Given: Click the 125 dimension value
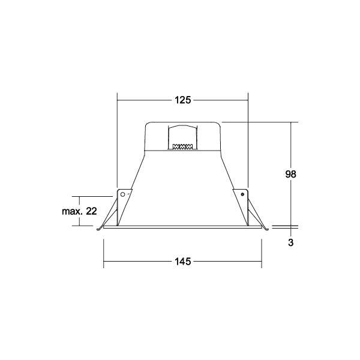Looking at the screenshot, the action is click(x=183, y=100).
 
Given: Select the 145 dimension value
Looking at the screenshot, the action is click(x=183, y=262).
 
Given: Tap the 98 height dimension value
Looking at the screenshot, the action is click(x=290, y=174).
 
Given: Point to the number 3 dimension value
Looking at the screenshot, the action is click(x=291, y=242).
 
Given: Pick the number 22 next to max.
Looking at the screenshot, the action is click(x=91, y=211).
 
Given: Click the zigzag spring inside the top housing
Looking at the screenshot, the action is click(x=182, y=146).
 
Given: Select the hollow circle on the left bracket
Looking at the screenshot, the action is click(x=122, y=194).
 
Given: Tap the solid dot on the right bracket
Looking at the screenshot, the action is click(x=242, y=194).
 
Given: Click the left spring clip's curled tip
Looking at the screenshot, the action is click(x=98, y=229).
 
